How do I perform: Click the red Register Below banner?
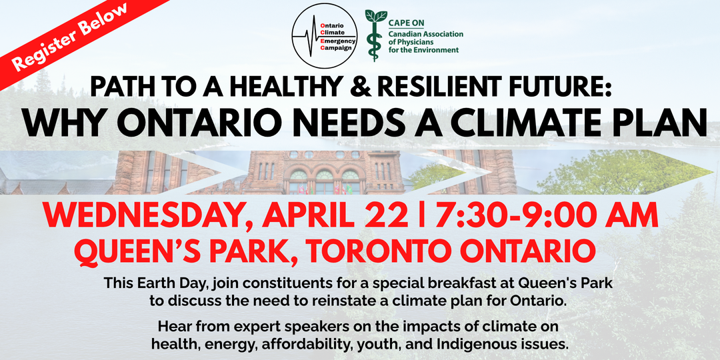pos(69,37)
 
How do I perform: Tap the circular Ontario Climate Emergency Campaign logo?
pos(325,36)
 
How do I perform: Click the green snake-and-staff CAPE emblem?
pos(375,35)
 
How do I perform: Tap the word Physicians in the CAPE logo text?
pos(407,42)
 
